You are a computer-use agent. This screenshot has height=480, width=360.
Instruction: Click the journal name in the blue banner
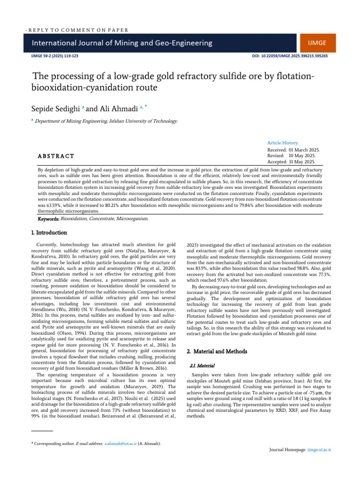click(x=122, y=43)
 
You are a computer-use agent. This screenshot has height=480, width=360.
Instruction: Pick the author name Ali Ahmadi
click(x=115, y=109)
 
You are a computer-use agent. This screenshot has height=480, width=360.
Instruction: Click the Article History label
click(x=283, y=142)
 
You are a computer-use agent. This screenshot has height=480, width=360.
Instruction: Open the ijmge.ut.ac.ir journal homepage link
click(x=319, y=450)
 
